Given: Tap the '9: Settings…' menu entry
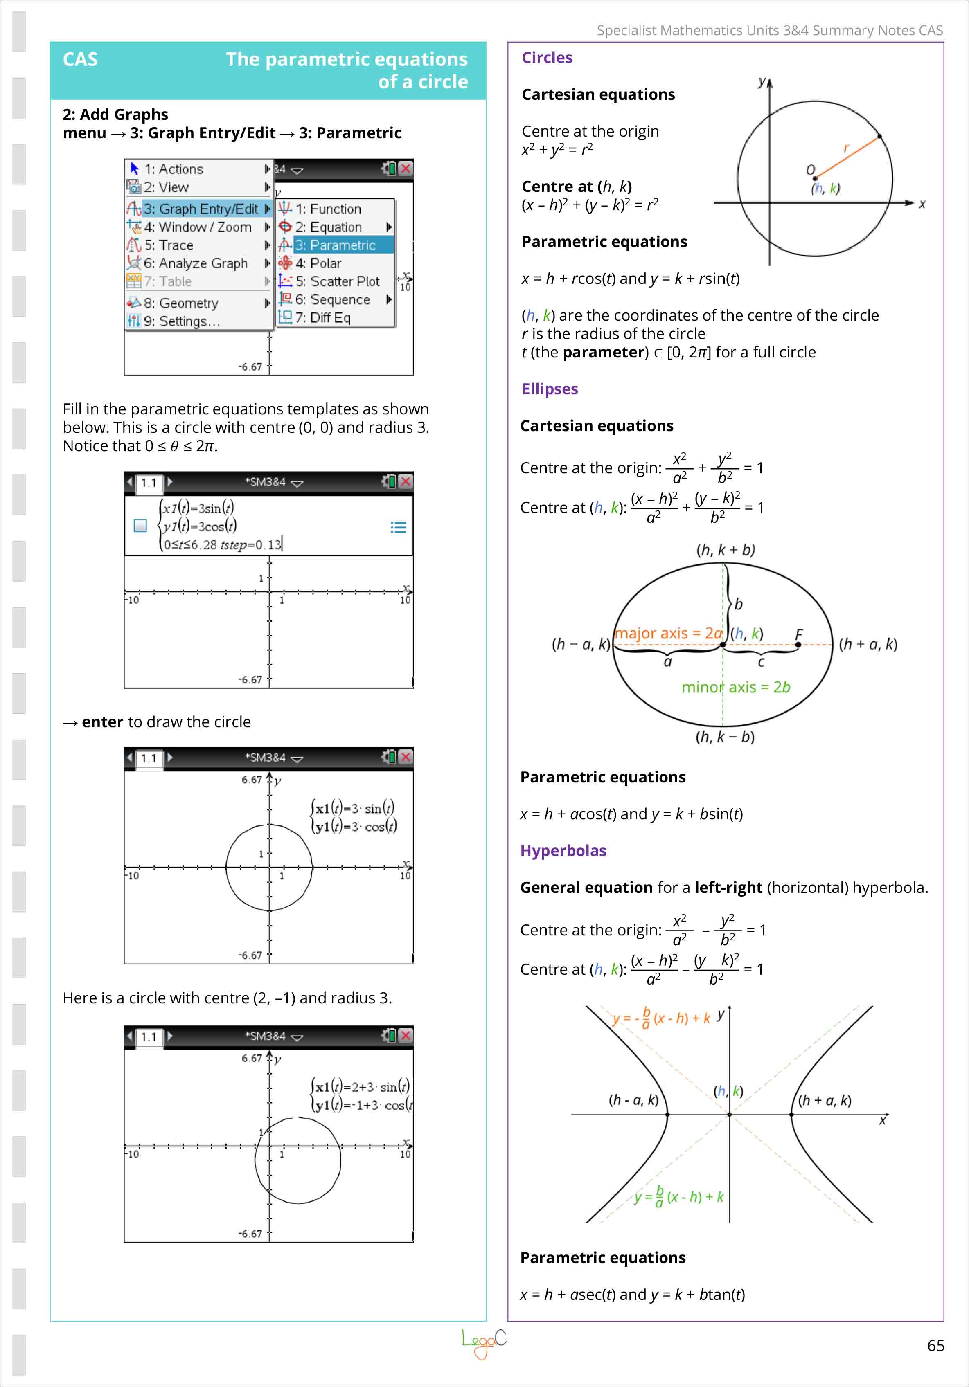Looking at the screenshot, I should click(x=181, y=321).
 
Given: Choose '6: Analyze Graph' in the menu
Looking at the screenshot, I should click(x=195, y=263).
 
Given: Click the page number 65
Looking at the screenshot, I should click(x=935, y=1345).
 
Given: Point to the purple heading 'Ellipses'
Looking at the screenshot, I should click(x=550, y=389).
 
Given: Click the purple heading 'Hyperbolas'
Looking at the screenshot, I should click(x=563, y=850).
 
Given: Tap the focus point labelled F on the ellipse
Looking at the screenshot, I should click(x=798, y=645).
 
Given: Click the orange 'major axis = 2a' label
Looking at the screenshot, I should click(x=668, y=633).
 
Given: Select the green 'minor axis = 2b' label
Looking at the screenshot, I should click(x=736, y=687).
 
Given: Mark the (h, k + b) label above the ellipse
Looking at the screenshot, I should click(x=726, y=550).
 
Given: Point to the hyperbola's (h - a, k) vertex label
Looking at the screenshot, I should click(x=633, y=1099).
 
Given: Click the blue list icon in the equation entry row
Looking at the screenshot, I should click(x=398, y=527).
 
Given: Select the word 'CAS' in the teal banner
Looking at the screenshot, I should click(x=80, y=59).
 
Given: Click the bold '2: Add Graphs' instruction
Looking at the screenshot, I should click(x=115, y=114).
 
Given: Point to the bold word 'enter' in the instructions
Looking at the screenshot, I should click(x=102, y=722).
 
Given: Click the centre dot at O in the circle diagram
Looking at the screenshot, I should click(x=815, y=178).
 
